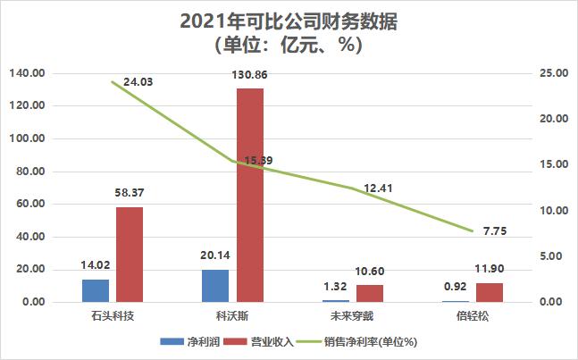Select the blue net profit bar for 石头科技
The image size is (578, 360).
pyautogui.click(x=96, y=290)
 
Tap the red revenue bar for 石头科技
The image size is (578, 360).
pyautogui.click(x=130, y=255)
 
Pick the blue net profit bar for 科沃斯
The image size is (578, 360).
pyautogui.click(x=215, y=286)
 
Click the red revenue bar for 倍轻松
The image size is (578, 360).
pyautogui.click(x=490, y=292)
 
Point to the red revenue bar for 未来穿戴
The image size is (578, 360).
pyautogui.click(x=370, y=293)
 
